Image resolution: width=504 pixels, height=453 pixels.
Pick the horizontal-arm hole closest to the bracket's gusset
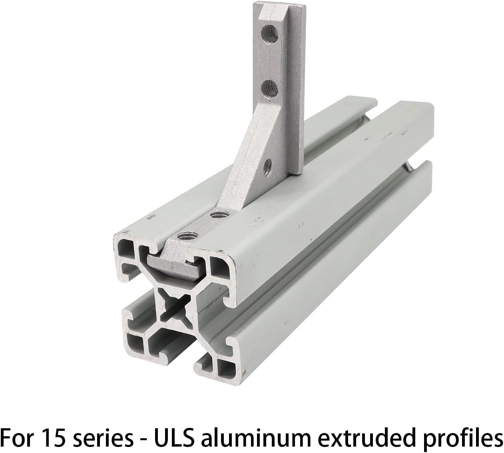coord(217,215)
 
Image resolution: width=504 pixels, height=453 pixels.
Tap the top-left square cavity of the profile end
coord(126,250)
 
